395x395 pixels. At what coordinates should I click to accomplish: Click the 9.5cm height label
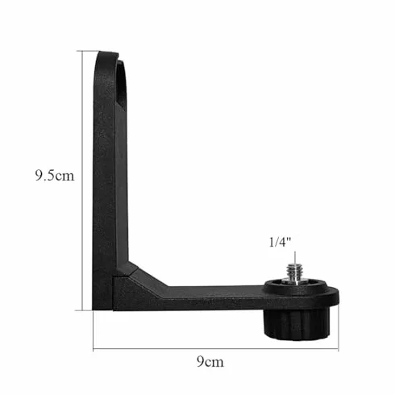[x=55, y=176]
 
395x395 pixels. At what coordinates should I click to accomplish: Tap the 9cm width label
[x=210, y=361]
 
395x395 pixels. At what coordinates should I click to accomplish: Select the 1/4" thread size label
[x=280, y=242]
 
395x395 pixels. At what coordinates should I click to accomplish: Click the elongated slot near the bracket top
[x=122, y=84]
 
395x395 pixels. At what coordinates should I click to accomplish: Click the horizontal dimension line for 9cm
[x=216, y=349]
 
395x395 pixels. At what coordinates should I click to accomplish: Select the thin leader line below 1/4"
[x=295, y=258]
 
